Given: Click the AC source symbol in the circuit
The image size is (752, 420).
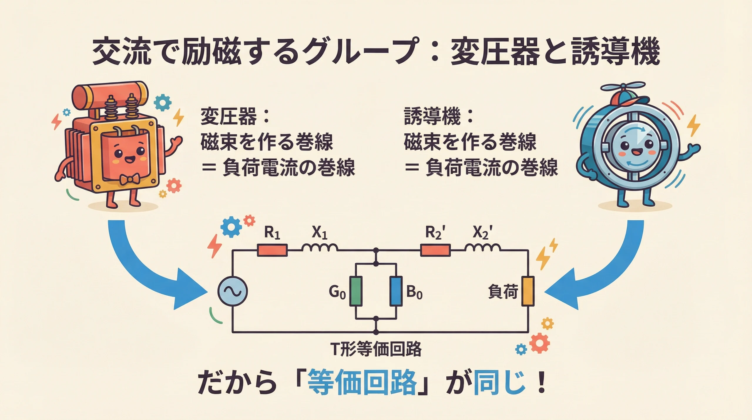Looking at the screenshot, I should click(x=232, y=292).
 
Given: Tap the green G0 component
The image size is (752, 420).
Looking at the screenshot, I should click(x=356, y=291).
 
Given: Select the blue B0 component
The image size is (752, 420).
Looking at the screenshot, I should click(x=396, y=291).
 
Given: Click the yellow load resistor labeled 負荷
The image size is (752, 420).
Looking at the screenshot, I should click(x=528, y=291).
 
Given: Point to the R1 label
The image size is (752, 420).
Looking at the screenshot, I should click(x=272, y=233).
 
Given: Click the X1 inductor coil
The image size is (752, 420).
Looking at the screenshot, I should click(x=320, y=248).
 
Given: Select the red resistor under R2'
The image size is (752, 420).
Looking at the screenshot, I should click(x=435, y=250).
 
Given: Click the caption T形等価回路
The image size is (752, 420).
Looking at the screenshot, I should click(x=376, y=349).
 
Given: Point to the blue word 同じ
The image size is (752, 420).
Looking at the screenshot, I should click(x=499, y=383).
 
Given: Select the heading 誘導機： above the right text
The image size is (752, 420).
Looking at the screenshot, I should click(x=438, y=117).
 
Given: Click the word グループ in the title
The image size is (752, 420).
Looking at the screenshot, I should click(x=361, y=53).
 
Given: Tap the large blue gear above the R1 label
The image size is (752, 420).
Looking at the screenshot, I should click(x=231, y=227).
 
